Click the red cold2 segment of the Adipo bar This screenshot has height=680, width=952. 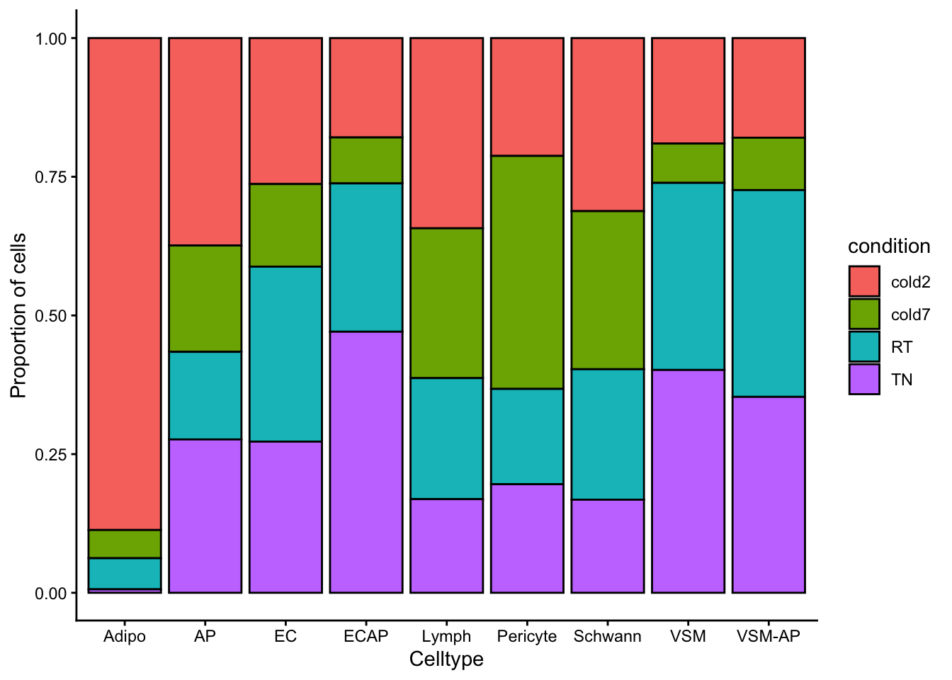pos(125,283)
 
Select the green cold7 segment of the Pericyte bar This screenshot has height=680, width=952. pos(527,272)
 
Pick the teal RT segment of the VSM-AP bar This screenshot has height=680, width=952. pos(769,293)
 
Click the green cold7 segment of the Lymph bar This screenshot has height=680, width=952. pos(447,303)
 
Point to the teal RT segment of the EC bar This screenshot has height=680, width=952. pos(285,354)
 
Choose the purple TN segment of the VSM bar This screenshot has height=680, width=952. pos(688,481)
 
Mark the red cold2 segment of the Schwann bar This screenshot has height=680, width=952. pos(608,125)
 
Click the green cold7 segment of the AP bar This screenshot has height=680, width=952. pos(205,298)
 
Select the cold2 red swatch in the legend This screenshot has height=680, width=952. pos(864,282)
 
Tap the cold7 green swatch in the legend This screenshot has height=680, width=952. pos(864,314)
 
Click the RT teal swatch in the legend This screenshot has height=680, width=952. pos(864,347)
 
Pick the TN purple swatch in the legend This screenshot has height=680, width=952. pos(864,380)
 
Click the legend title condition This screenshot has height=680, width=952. pos(889,246)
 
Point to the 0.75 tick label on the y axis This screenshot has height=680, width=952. pos(50,177)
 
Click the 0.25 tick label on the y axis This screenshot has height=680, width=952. pos(50,454)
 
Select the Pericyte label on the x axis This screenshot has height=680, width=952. pos(527,636)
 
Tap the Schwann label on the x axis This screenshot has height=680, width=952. pos(608,636)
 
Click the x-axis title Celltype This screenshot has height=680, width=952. pos(446,659)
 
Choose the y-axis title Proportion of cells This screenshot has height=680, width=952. pos(18,315)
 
